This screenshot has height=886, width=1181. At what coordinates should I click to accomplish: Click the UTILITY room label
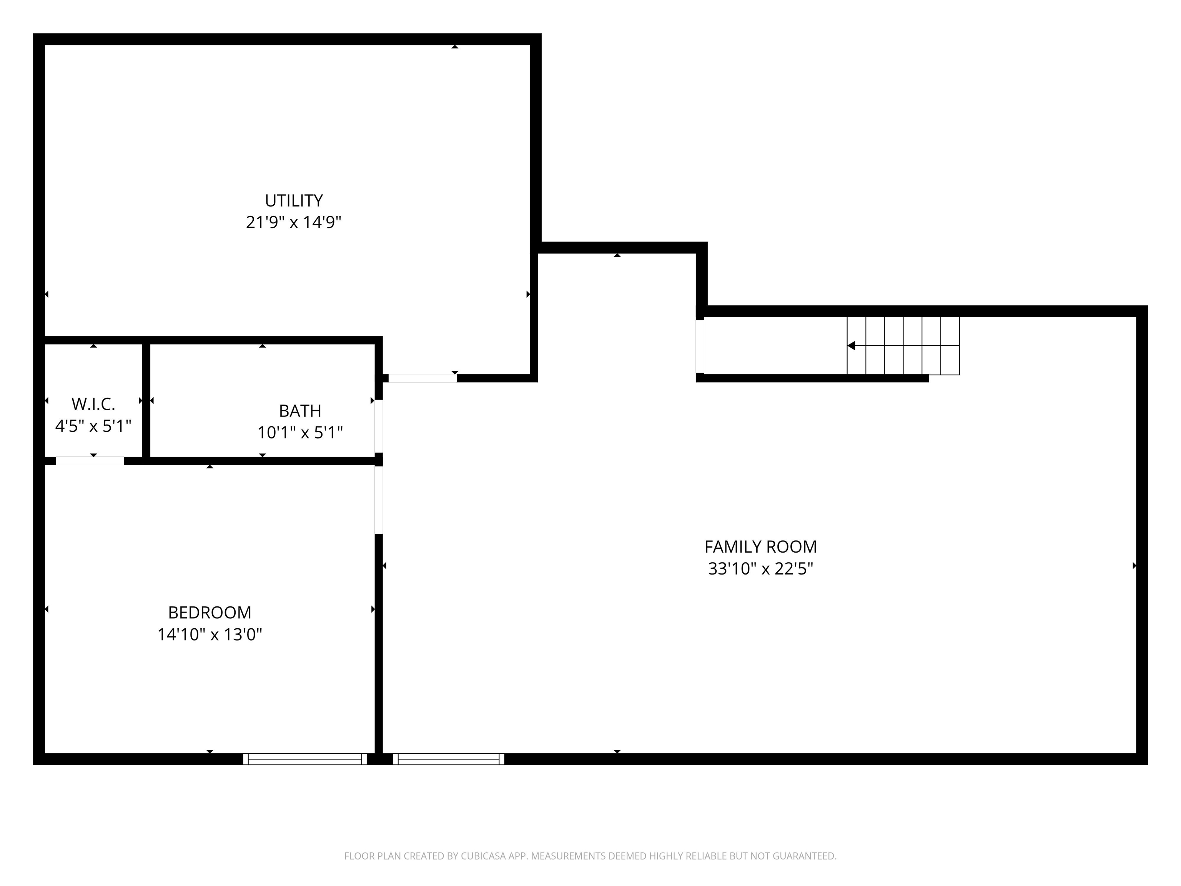click(294, 201)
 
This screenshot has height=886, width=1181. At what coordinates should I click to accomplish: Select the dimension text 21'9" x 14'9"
click(294, 222)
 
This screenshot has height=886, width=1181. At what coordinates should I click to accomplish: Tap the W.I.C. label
click(93, 404)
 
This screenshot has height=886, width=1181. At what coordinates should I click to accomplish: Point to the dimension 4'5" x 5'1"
click(93, 426)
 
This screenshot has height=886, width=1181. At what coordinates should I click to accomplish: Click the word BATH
click(300, 411)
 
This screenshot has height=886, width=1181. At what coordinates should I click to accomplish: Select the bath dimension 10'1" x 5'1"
click(300, 433)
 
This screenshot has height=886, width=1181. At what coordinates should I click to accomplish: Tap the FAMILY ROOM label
click(760, 546)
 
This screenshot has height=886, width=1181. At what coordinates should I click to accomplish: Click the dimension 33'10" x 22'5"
click(760, 569)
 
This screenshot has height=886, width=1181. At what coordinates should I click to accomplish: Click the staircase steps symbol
click(903, 346)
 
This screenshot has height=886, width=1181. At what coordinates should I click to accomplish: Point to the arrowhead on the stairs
click(852, 346)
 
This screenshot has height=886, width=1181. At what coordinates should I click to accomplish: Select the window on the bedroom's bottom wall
click(305, 759)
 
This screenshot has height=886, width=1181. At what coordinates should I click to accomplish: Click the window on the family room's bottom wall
click(449, 759)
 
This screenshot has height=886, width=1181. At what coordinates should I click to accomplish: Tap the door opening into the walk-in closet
click(90, 461)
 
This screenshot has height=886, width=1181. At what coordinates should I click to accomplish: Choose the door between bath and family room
click(379, 426)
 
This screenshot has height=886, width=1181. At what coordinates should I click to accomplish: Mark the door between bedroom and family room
click(379, 500)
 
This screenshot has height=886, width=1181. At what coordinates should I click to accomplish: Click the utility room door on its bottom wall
click(422, 378)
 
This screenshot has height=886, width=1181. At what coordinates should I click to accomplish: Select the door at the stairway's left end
click(700, 346)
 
